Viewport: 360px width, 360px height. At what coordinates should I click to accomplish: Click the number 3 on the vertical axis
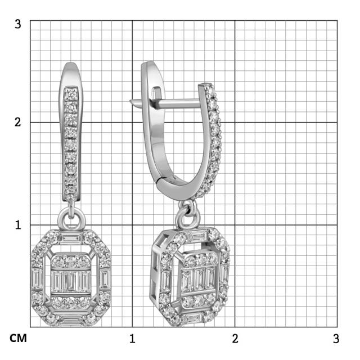click(x=18, y=24)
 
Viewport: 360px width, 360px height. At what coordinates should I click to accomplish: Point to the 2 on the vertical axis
click(x=18, y=122)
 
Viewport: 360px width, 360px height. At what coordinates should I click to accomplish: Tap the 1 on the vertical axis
click(x=18, y=224)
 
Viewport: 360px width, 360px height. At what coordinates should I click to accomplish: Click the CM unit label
click(x=17, y=339)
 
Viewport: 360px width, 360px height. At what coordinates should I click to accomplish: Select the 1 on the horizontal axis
click(x=132, y=339)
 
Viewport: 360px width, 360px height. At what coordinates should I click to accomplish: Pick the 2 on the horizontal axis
click(x=235, y=339)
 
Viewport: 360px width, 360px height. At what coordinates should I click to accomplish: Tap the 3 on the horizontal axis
click(x=336, y=339)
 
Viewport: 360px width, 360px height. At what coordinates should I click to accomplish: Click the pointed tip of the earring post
click(x=130, y=102)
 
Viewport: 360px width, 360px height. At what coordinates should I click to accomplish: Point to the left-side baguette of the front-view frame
click(x=38, y=279)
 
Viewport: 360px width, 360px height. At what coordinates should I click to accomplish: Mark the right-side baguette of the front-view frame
click(x=104, y=279)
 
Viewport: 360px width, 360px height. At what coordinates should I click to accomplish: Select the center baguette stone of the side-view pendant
click(x=200, y=279)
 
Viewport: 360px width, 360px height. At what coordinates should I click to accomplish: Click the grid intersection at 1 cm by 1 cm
click(x=132, y=224)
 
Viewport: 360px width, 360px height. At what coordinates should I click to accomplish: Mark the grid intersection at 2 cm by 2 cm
click(x=235, y=122)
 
